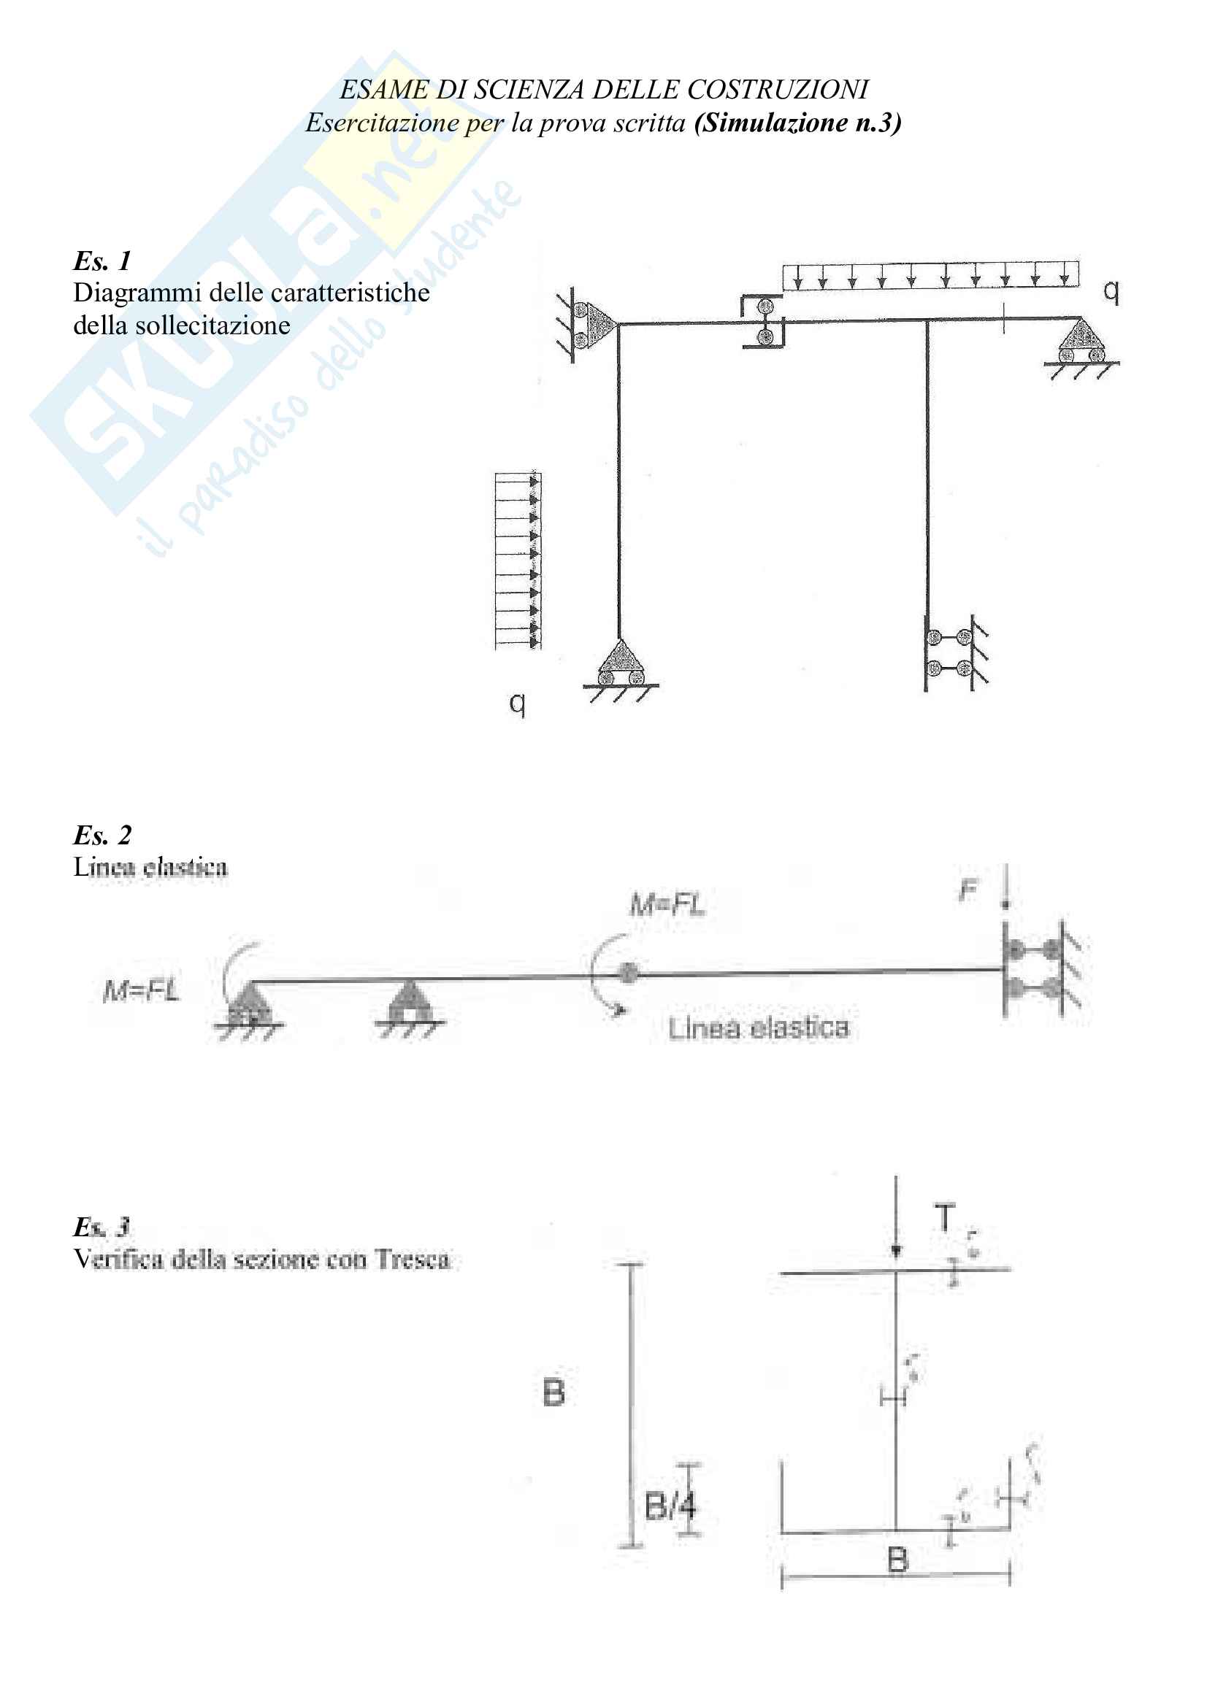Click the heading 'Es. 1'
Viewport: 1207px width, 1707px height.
102,261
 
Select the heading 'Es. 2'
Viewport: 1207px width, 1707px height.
102,834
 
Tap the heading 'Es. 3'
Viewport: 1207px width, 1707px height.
102,1226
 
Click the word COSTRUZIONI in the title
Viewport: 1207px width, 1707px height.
777,90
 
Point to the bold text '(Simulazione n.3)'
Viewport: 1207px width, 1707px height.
797,123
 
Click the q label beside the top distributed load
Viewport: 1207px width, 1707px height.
1111,290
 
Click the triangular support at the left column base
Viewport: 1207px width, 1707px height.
620,664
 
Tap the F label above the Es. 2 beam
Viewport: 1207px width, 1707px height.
967,889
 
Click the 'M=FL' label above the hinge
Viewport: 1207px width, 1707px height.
667,904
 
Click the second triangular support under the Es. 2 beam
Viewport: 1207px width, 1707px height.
408,1006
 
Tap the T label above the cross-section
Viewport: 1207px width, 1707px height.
944,1219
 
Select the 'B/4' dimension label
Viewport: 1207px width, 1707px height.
671,1506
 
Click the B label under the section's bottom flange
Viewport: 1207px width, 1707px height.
897,1560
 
